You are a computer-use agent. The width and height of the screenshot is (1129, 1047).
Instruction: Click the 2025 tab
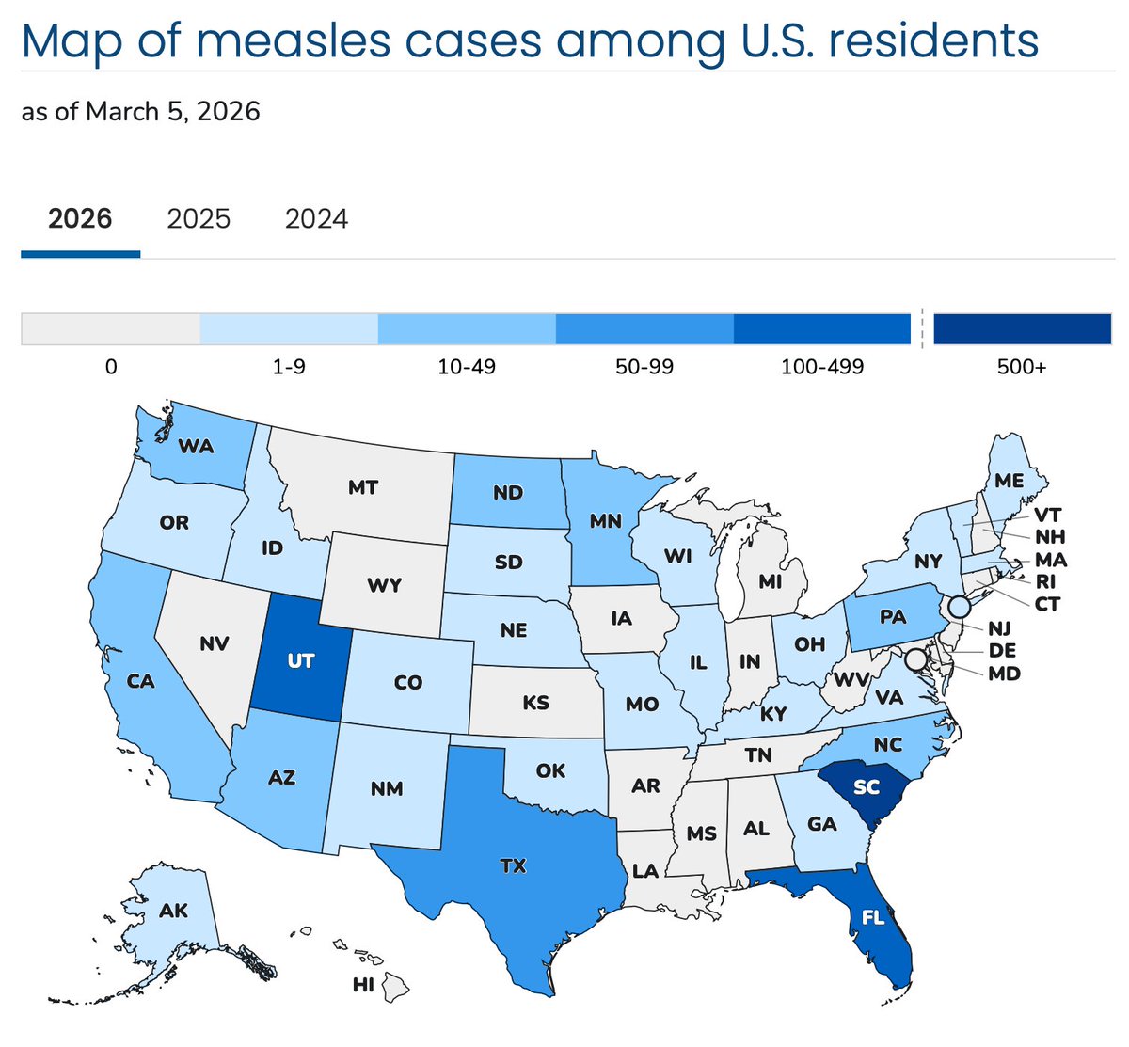(x=199, y=219)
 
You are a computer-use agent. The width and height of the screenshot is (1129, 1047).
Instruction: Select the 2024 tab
(x=316, y=219)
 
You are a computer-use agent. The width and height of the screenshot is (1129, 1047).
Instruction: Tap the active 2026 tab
(x=80, y=219)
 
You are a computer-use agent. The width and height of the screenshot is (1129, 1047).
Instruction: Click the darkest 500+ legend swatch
(x=1023, y=329)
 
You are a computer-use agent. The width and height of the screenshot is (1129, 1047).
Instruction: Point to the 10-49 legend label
(x=467, y=367)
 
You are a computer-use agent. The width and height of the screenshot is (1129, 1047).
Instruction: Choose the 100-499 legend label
(x=821, y=367)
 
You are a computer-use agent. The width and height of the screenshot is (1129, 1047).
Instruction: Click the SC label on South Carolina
(x=866, y=786)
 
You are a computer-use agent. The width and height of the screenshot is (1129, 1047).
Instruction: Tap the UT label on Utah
(x=300, y=661)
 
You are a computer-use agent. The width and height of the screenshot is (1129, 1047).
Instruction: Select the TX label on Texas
(x=513, y=865)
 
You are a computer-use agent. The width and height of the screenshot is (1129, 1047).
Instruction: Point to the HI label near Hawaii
(x=362, y=985)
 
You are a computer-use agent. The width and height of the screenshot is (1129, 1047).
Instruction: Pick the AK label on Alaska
(x=174, y=910)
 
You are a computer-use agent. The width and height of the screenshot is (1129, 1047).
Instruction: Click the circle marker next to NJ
(x=958, y=607)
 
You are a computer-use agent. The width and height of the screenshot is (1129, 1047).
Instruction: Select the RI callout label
(x=1045, y=581)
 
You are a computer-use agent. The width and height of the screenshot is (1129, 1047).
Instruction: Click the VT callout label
(x=1047, y=515)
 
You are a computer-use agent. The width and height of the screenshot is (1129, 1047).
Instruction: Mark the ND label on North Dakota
(x=508, y=493)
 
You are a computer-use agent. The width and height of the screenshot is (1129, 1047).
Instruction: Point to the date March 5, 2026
(x=172, y=112)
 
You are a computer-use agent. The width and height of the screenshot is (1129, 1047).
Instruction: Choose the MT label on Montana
(x=363, y=487)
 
